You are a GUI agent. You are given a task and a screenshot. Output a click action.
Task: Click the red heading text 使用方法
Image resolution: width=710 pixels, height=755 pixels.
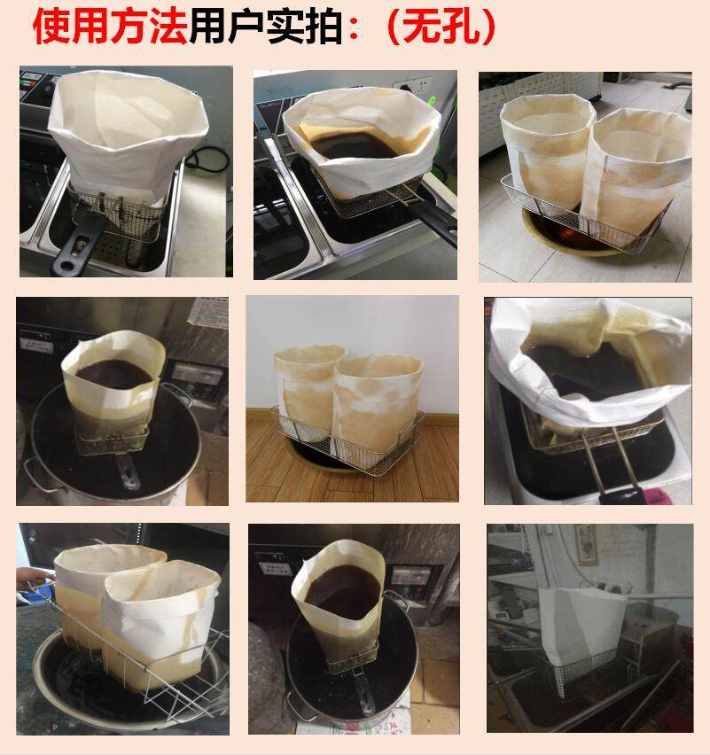[110, 26]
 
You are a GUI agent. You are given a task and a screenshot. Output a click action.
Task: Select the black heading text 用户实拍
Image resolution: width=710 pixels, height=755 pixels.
[266, 26]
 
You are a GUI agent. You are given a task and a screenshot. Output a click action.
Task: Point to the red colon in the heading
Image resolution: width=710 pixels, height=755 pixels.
[354, 28]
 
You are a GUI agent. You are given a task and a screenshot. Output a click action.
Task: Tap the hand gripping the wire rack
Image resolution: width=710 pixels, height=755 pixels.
[34, 578]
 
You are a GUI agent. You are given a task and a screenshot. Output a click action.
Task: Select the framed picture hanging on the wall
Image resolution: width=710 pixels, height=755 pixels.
[587, 545]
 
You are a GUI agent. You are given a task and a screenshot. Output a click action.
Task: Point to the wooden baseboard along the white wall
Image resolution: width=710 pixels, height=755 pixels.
[352, 418]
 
